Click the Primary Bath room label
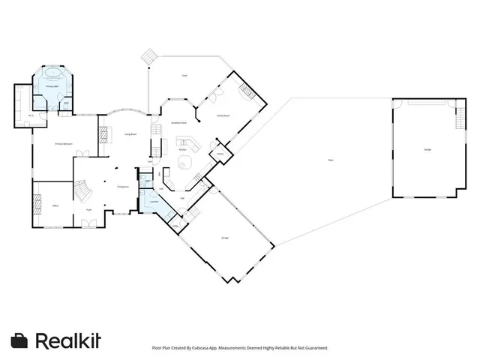[x=52, y=87]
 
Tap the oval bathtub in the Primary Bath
[x=52, y=74]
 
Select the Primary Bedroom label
[x=62, y=142]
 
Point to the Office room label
[x=55, y=205]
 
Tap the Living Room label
[x=130, y=134]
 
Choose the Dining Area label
[x=124, y=187]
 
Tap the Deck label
[x=184, y=76]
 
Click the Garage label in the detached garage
[x=427, y=151]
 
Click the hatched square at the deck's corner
[x=151, y=55]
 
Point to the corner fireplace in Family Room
[x=245, y=92]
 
